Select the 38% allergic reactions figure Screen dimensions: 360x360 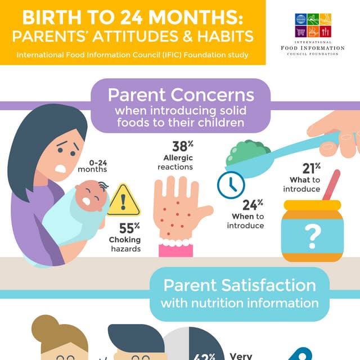pos(179,147)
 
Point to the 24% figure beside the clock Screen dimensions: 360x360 pos(253,205)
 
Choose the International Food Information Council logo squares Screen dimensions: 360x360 pos(313,25)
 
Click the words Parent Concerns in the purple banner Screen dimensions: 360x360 pos(181,94)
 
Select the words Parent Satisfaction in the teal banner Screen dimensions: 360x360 pos(238,285)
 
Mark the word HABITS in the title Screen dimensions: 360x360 pos(224,37)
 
